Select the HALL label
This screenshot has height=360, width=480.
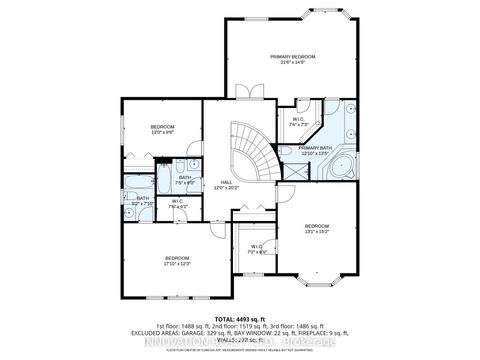tap(226, 185)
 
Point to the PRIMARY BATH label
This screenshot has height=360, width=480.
tap(314, 150)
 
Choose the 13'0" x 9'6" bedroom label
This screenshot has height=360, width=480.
tap(163, 130)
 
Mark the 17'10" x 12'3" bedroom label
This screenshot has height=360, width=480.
tap(176, 261)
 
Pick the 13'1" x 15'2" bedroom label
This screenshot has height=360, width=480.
tap(317, 229)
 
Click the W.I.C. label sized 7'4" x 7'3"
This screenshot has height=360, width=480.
tap(298, 122)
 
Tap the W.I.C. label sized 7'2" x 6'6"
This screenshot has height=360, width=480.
tap(257, 249)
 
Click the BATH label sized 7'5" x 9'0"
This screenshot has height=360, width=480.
tap(185, 180)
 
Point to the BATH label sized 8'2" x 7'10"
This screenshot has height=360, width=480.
tap(143, 200)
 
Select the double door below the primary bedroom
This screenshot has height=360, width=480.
tap(250, 92)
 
